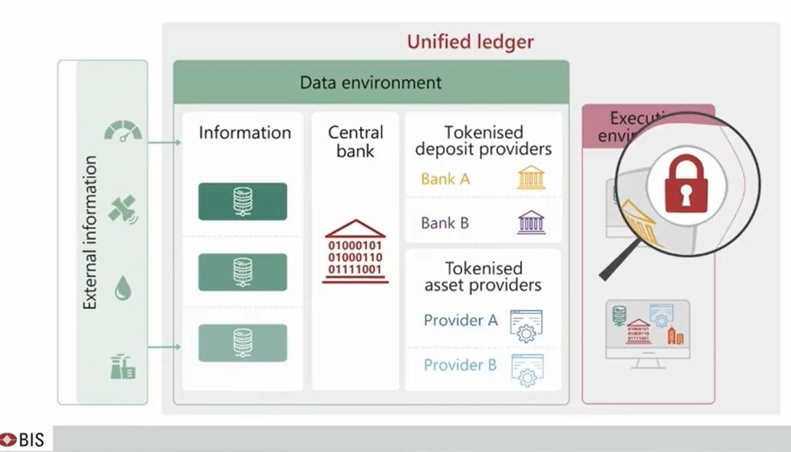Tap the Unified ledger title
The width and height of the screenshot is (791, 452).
[x=470, y=41]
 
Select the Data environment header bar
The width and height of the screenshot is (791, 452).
[x=371, y=82]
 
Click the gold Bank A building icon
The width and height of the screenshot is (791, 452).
[x=531, y=178]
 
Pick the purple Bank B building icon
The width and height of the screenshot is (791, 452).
[x=531, y=222]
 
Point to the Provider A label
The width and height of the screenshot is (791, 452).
[x=460, y=320]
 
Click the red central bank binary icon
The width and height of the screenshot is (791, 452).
[x=356, y=251]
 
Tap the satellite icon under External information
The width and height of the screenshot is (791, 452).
[x=122, y=209]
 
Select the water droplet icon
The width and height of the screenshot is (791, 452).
[x=122, y=290]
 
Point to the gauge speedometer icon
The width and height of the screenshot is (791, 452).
[x=123, y=132]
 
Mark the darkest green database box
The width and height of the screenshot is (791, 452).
[x=243, y=201]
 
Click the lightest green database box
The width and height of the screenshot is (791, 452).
[x=243, y=343]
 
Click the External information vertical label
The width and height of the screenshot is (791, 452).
[x=90, y=233]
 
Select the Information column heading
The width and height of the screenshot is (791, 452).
[x=244, y=133]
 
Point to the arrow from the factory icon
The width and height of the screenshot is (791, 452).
[x=164, y=347]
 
